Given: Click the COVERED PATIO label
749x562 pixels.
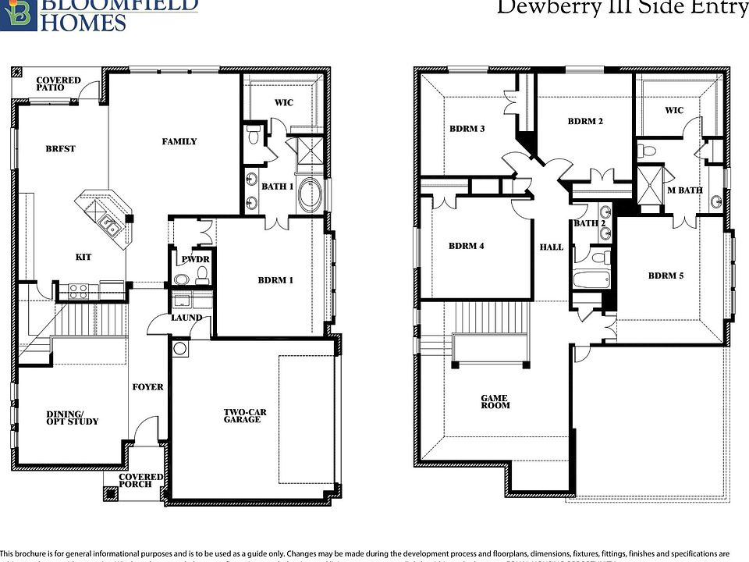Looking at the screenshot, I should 58,84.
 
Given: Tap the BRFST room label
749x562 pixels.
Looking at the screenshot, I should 60,148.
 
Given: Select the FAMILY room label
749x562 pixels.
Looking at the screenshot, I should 179,141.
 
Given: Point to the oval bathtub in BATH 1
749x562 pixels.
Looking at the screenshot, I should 309,194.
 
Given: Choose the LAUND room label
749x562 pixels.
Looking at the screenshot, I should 186,318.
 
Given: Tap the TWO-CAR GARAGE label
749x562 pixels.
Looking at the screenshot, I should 242,415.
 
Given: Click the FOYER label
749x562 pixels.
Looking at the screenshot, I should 147,386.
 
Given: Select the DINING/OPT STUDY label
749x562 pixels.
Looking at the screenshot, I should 72,418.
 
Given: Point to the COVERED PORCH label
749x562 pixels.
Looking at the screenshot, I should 140,480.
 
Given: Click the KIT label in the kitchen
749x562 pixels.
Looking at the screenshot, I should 83,257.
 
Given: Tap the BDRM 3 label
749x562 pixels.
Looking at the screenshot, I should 467,129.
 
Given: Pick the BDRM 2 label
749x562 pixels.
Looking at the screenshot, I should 585,121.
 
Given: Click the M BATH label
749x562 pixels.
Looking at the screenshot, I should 684,190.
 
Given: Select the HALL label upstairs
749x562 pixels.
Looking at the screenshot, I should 551,247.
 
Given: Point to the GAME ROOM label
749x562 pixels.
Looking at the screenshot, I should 495,401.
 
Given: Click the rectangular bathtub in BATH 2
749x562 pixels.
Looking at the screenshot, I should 589,280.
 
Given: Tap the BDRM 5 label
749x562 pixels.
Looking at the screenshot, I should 666,276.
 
